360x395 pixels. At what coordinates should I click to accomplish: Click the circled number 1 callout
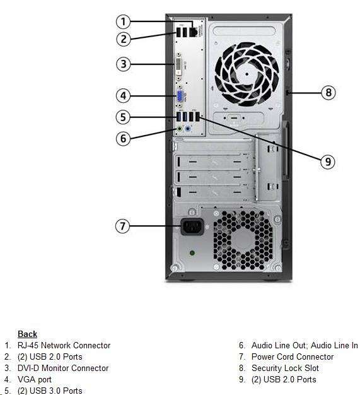(x=123, y=21)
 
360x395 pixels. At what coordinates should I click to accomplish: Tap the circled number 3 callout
(x=123, y=64)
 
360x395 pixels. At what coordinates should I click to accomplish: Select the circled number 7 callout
(x=122, y=226)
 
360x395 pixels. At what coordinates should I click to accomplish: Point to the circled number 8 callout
(x=328, y=92)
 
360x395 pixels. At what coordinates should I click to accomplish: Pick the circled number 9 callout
(x=328, y=162)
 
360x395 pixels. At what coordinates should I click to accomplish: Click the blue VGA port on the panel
(x=180, y=96)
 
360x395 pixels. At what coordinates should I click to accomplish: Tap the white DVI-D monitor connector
(x=178, y=66)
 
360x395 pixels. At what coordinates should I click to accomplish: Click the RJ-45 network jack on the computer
(x=193, y=32)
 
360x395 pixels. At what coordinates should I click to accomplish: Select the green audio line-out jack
(x=179, y=129)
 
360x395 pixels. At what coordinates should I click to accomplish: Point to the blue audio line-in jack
(x=187, y=129)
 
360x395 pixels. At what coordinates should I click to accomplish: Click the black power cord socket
(x=192, y=227)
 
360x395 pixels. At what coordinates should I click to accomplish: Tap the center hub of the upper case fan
(x=247, y=74)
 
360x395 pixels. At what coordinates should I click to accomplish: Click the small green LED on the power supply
(x=192, y=252)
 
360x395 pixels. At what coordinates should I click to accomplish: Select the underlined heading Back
(x=28, y=334)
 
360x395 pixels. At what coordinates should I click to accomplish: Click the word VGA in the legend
(x=26, y=379)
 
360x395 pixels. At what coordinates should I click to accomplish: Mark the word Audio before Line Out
(x=262, y=345)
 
